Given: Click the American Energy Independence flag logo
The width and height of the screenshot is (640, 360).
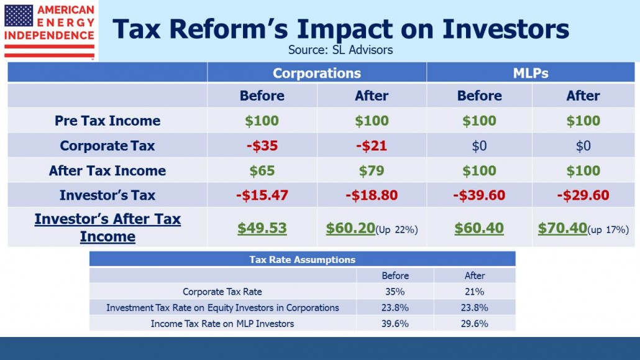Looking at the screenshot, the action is [49, 31].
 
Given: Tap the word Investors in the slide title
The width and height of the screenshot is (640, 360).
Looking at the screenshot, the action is [506, 29].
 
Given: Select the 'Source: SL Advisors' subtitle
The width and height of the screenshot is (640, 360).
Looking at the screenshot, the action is [341, 50].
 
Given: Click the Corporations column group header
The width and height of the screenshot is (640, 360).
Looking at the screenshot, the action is [317, 73].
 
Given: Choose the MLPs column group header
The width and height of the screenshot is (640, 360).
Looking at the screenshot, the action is [531, 73].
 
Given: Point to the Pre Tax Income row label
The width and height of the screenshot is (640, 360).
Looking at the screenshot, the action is [107, 121].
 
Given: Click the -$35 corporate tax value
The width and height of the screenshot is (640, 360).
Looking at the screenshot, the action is [262, 145].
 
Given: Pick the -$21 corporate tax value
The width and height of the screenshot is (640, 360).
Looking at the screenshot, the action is [372, 145].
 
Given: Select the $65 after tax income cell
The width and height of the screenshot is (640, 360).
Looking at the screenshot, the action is [262, 170].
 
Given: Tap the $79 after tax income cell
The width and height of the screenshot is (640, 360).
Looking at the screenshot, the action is [372, 170].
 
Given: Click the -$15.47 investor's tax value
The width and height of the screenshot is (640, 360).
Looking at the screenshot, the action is [262, 195].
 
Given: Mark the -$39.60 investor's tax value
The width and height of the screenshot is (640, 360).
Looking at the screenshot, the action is [479, 195].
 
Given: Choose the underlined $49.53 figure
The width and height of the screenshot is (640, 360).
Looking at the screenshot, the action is [262, 228].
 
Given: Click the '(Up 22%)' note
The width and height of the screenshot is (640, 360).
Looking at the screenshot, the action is [396, 229].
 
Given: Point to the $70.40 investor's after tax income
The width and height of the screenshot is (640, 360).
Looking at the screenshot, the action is [562, 228].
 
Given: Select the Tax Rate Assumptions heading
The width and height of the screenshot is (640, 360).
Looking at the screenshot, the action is [303, 259].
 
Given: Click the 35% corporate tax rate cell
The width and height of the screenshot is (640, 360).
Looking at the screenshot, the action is [395, 292].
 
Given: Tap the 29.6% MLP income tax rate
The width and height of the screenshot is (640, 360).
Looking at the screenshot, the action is [474, 324].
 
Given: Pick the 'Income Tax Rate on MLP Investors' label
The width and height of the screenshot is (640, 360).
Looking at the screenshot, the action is [222, 324].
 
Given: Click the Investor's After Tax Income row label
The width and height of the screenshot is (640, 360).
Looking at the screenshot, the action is [107, 228].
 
